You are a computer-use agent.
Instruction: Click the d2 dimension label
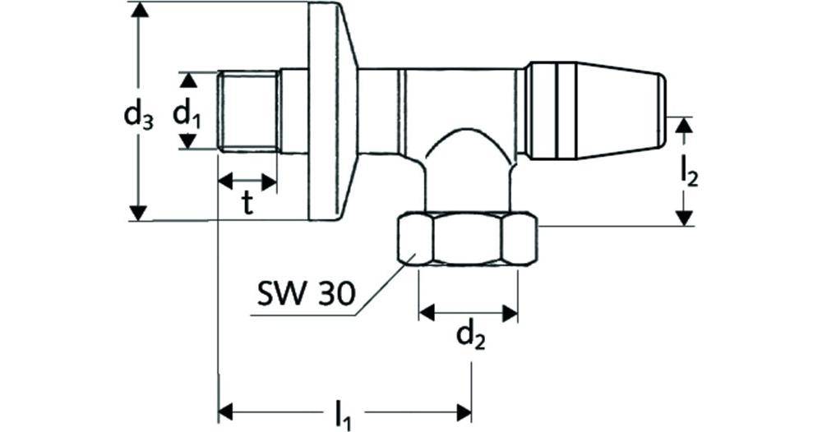coord(469,336)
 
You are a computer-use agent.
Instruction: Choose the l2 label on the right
coord(689,172)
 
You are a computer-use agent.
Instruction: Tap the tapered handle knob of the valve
coord(593,111)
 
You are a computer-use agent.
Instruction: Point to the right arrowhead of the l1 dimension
coord(464,409)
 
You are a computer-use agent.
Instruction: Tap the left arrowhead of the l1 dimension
coord(226,409)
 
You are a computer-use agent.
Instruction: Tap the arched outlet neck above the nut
coord(467,164)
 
